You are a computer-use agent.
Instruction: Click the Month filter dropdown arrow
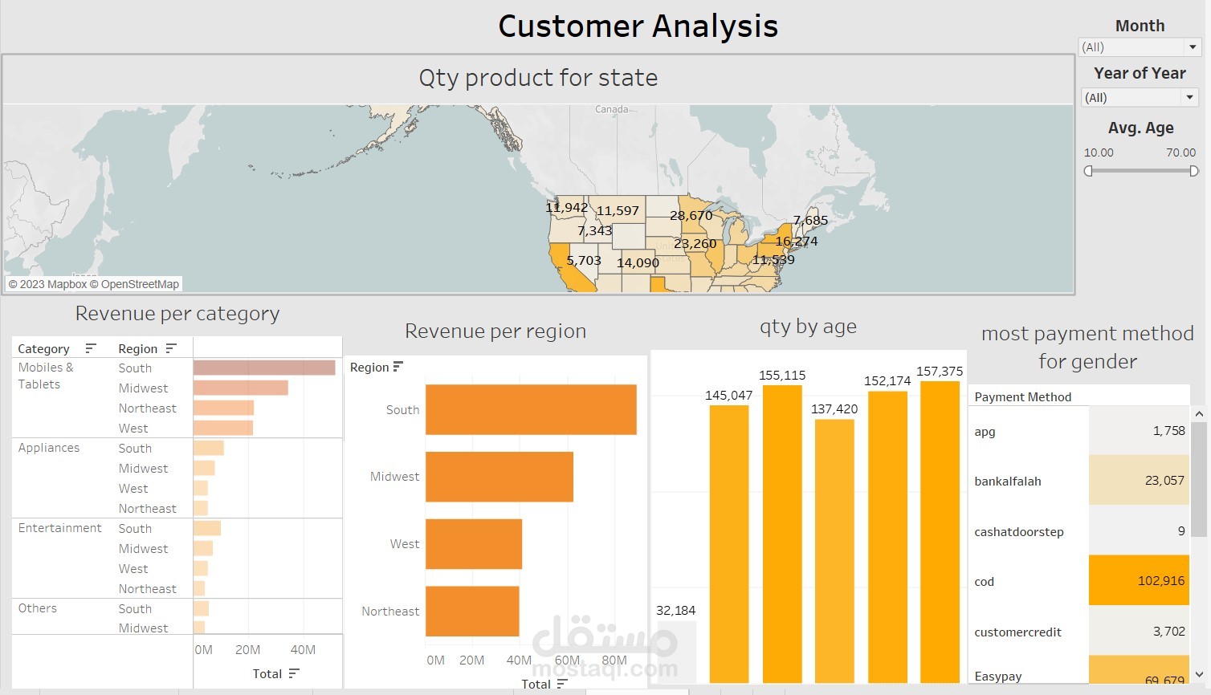tap(1193, 47)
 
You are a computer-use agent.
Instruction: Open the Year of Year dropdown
tap(1189, 98)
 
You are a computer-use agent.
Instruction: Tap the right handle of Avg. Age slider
tap(1193, 171)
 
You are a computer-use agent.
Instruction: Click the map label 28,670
tap(691, 216)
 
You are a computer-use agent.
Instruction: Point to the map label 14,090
tap(638, 263)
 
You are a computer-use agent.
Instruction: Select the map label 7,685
tap(810, 221)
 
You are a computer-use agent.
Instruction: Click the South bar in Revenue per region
tap(530, 410)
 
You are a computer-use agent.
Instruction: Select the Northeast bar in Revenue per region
tap(472, 612)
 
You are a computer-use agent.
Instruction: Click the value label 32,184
tap(675, 611)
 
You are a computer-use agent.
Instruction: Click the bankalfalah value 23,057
tap(1164, 481)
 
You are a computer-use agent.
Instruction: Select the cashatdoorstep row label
tap(1018, 532)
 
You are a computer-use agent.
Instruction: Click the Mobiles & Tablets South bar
tap(264, 368)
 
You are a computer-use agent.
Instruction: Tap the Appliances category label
tap(49, 448)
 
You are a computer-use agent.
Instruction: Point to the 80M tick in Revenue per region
tap(614, 660)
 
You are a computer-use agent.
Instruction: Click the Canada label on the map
tap(611, 109)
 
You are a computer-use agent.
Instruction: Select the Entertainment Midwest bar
tap(203, 548)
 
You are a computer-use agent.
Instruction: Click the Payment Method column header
tap(1022, 396)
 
